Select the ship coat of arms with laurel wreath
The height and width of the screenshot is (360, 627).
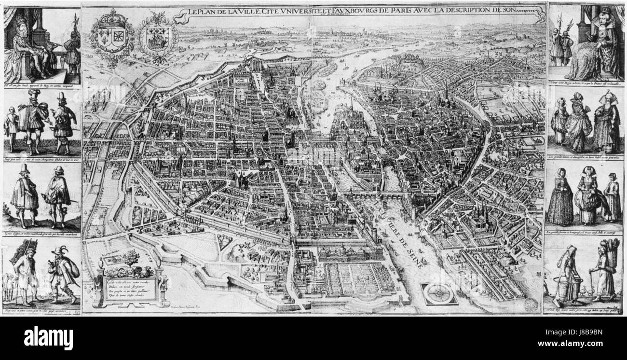click(154, 38)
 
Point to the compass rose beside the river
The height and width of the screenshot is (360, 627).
click(438, 293)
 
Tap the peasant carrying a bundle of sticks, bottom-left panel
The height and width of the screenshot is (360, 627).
click(24, 273)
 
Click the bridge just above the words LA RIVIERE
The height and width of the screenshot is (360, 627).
click(381, 195)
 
